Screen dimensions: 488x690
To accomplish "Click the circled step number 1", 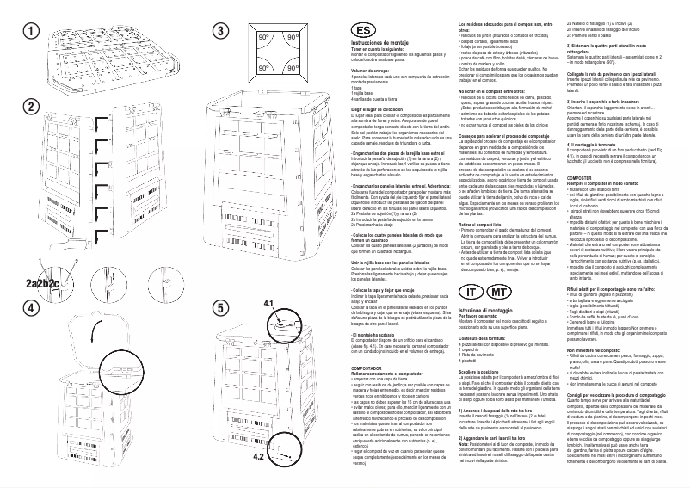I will coord(30,30).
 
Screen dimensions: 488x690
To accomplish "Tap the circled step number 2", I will coord(30,108).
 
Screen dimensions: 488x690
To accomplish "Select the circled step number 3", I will coord(221,30).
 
